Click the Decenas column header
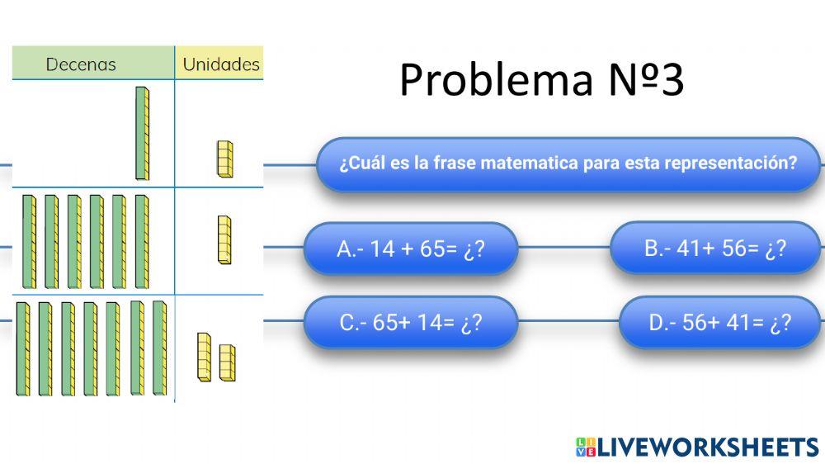click(x=81, y=64)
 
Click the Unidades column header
click(x=220, y=64)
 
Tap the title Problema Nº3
click(x=541, y=80)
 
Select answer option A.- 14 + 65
click(x=410, y=249)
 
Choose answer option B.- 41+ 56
click(x=714, y=248)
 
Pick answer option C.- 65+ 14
click(x=410, y=322)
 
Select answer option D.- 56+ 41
click(x=719, y=322)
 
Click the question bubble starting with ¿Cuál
click(x=568, y=163)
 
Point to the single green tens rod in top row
click(x=143, y=133)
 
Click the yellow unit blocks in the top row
click(x=224, y=159)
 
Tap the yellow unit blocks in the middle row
click(x=224, y=239)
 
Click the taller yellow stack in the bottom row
click(x=204, y=356)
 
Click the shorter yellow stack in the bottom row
click(x=227, y=362)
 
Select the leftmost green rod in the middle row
click(x=29, y=242)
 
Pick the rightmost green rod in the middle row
click(x=142, y=242)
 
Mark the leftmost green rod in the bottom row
click(x=22, y=348)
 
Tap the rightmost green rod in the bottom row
click(x=159, y=348)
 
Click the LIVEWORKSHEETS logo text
click(x=708, y=447)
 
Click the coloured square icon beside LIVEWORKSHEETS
click(x=585, y=447)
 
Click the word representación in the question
click(x=736, y=163)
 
